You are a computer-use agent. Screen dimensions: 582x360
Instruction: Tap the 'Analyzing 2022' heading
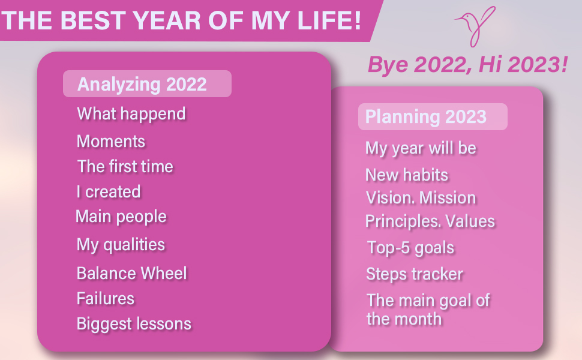tap(142, 84)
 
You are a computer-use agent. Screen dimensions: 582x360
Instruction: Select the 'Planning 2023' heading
tap(426, 116)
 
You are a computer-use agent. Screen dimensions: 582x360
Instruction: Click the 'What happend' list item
tap(131, 114)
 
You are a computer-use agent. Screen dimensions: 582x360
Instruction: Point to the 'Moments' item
tap(110, 142)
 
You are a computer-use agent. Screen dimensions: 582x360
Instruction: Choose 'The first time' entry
tap(125, 166)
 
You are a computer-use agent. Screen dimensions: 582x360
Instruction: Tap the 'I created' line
tap(109, 191)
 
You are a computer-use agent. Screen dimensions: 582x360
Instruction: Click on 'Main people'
tap(121, 217)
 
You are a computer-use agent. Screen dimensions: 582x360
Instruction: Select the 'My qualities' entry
tap(121, 245)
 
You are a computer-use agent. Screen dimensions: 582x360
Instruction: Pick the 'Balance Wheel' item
tap(131, 273)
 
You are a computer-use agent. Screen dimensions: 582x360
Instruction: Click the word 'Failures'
tap(106, 298)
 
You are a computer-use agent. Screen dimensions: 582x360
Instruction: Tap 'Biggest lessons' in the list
tap(134, 324)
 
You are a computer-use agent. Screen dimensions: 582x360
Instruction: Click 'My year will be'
tap(421, 148)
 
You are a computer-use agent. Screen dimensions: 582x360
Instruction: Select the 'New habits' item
tap(407, 175)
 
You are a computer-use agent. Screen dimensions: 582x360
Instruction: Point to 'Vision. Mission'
tap(421, 198)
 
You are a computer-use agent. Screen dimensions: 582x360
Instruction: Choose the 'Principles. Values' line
tap(430, 221)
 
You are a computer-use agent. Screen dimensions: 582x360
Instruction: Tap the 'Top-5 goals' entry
tap(410, 248)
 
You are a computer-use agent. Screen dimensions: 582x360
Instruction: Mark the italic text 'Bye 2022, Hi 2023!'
tap(467, 65)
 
